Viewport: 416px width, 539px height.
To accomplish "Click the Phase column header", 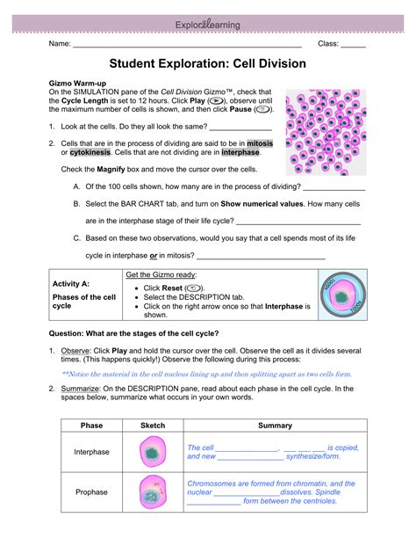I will click(91, 426).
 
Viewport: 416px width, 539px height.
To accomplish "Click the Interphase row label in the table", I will click(91, 452).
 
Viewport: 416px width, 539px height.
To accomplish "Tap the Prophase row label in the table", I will click(91, 493).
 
